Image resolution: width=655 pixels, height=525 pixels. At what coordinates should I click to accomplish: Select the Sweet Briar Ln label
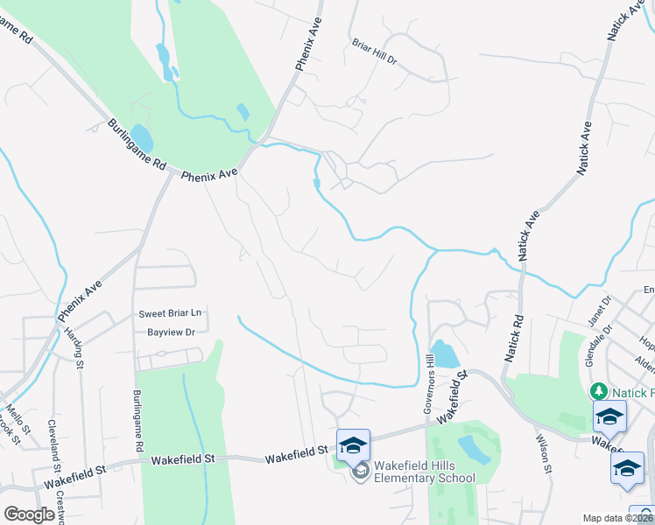pos(170,313)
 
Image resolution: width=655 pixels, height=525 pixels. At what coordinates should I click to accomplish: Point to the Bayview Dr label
pos(171,332)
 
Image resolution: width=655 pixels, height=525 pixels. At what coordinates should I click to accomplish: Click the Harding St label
pos(79,349)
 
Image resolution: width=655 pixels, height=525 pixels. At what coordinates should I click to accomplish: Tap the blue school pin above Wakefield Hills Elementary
pos(353,444)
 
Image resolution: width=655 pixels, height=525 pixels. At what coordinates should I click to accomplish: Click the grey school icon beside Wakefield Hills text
pos(360,472)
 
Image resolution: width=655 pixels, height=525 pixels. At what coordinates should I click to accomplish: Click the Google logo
pos(30,514)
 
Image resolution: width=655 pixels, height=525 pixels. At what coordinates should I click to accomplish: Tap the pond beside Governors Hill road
pos(445,353)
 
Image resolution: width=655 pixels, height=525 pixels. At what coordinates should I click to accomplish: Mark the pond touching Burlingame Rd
pos(141,137)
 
